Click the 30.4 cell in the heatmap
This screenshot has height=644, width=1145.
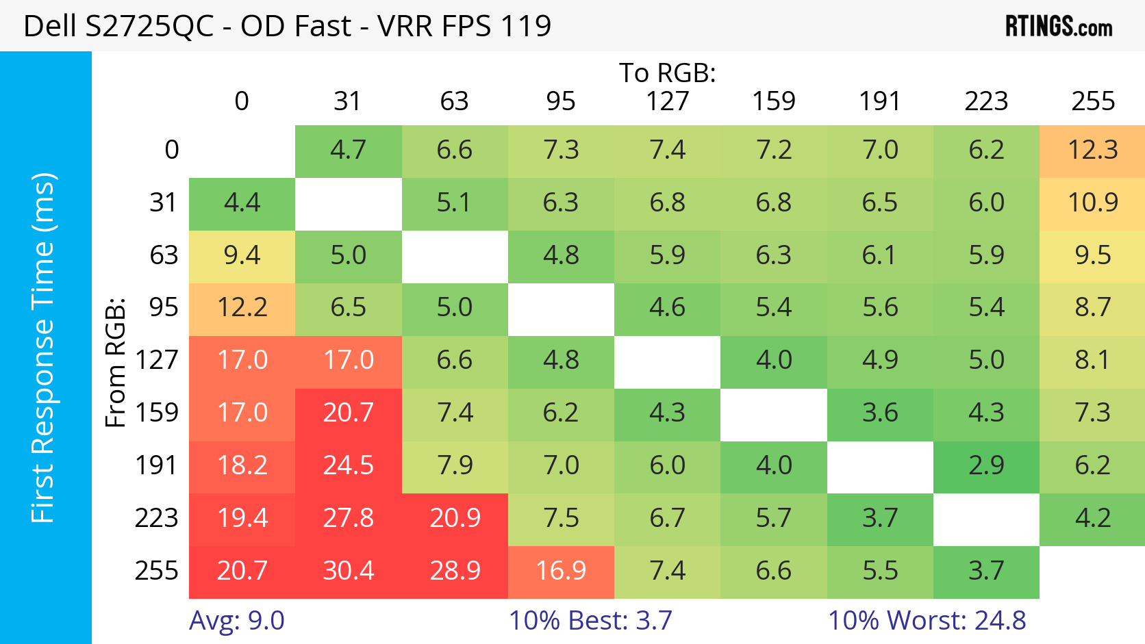coord(349,571)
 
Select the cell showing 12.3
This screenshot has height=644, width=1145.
coord(1092,150)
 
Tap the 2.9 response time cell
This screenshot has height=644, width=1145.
coord(986,465)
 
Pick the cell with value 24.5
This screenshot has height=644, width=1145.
coord(349,465)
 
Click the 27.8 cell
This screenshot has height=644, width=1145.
coord(349,518)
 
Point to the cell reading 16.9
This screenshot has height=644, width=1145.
coord(561,571)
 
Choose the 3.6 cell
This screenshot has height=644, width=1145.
coord(880,413)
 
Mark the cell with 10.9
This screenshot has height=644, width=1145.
coord(1092,203)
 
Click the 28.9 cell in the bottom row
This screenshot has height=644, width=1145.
coord(455,571)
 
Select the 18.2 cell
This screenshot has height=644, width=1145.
coord(242,465)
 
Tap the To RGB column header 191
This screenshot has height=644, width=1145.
coord(880,101)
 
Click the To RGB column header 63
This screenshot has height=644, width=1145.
coord(455,101)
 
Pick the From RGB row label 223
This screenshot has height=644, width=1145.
coord(157,518)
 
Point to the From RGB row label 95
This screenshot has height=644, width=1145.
coord(164,307)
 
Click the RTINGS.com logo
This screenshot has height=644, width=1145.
coord(1059,27)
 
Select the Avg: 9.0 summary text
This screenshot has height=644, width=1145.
coord(237,621)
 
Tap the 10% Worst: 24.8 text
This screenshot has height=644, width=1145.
coord(927,621)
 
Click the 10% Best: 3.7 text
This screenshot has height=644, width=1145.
coord(590,621)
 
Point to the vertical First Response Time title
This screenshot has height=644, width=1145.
coord(43,348)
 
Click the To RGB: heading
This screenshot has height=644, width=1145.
coord(668,73)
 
